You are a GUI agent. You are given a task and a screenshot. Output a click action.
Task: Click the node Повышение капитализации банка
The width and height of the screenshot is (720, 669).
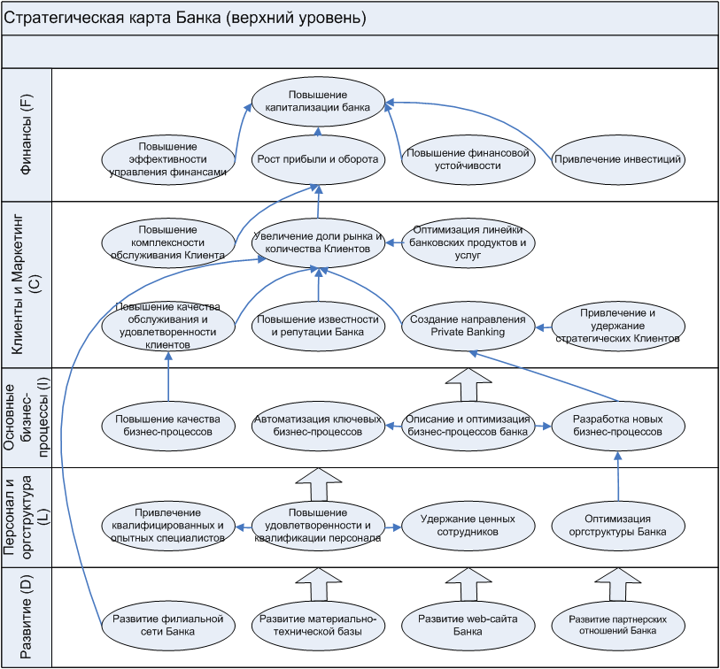(317, 100)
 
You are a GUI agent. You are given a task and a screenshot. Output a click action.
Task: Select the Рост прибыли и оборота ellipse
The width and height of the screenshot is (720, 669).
(317, 159)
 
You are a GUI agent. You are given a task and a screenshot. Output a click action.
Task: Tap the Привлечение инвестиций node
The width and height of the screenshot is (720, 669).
(616, 159)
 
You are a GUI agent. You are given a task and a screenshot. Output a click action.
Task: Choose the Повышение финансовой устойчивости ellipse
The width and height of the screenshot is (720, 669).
(467, 159)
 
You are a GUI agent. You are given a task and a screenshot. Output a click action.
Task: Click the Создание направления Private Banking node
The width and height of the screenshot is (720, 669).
(467, 326)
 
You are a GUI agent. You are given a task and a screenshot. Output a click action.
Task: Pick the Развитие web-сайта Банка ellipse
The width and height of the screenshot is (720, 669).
(467, 625)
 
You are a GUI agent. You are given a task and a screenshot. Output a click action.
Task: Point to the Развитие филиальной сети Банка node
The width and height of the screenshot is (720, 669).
(167, 625)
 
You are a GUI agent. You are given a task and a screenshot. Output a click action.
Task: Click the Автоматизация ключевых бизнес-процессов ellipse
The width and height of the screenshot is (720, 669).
(317, 426)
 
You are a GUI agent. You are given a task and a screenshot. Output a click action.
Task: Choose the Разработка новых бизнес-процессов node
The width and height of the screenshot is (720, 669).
(616, 426)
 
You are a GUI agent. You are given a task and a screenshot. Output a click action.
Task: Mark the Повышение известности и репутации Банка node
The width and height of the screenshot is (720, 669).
(317, 326)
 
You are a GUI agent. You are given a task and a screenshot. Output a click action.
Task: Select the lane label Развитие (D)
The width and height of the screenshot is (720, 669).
(27, 617)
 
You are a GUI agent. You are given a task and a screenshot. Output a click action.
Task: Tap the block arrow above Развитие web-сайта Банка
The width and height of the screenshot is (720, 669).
(467, 585)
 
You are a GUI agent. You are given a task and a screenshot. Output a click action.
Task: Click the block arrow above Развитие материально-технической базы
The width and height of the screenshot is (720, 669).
(317, 585)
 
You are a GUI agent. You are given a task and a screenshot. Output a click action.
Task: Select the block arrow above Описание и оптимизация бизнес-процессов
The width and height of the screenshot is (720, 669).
(467, 386)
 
